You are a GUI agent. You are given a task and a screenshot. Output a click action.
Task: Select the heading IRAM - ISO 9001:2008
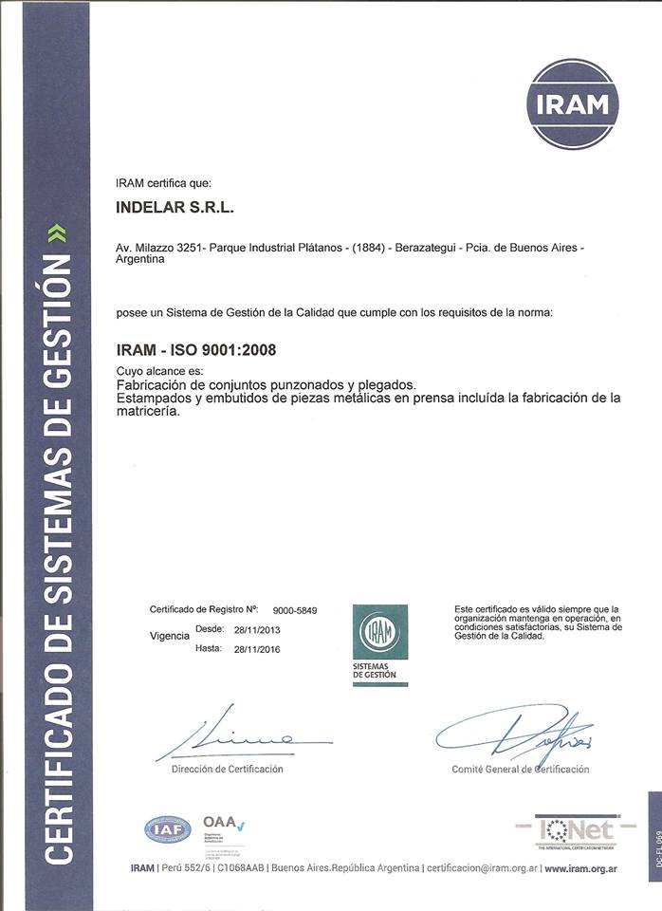click(195, 350)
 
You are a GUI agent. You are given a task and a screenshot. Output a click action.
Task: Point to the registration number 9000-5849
click(295, 610)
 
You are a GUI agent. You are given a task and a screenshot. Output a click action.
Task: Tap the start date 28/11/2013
click(257, 629)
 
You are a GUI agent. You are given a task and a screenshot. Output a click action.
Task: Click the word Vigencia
click(170, 636)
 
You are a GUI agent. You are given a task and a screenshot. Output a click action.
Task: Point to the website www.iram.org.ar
click(580, 868)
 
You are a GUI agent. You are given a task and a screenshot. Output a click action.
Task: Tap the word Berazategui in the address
click(419, 248)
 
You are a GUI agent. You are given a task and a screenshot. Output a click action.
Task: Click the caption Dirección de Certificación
click(227, 769)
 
